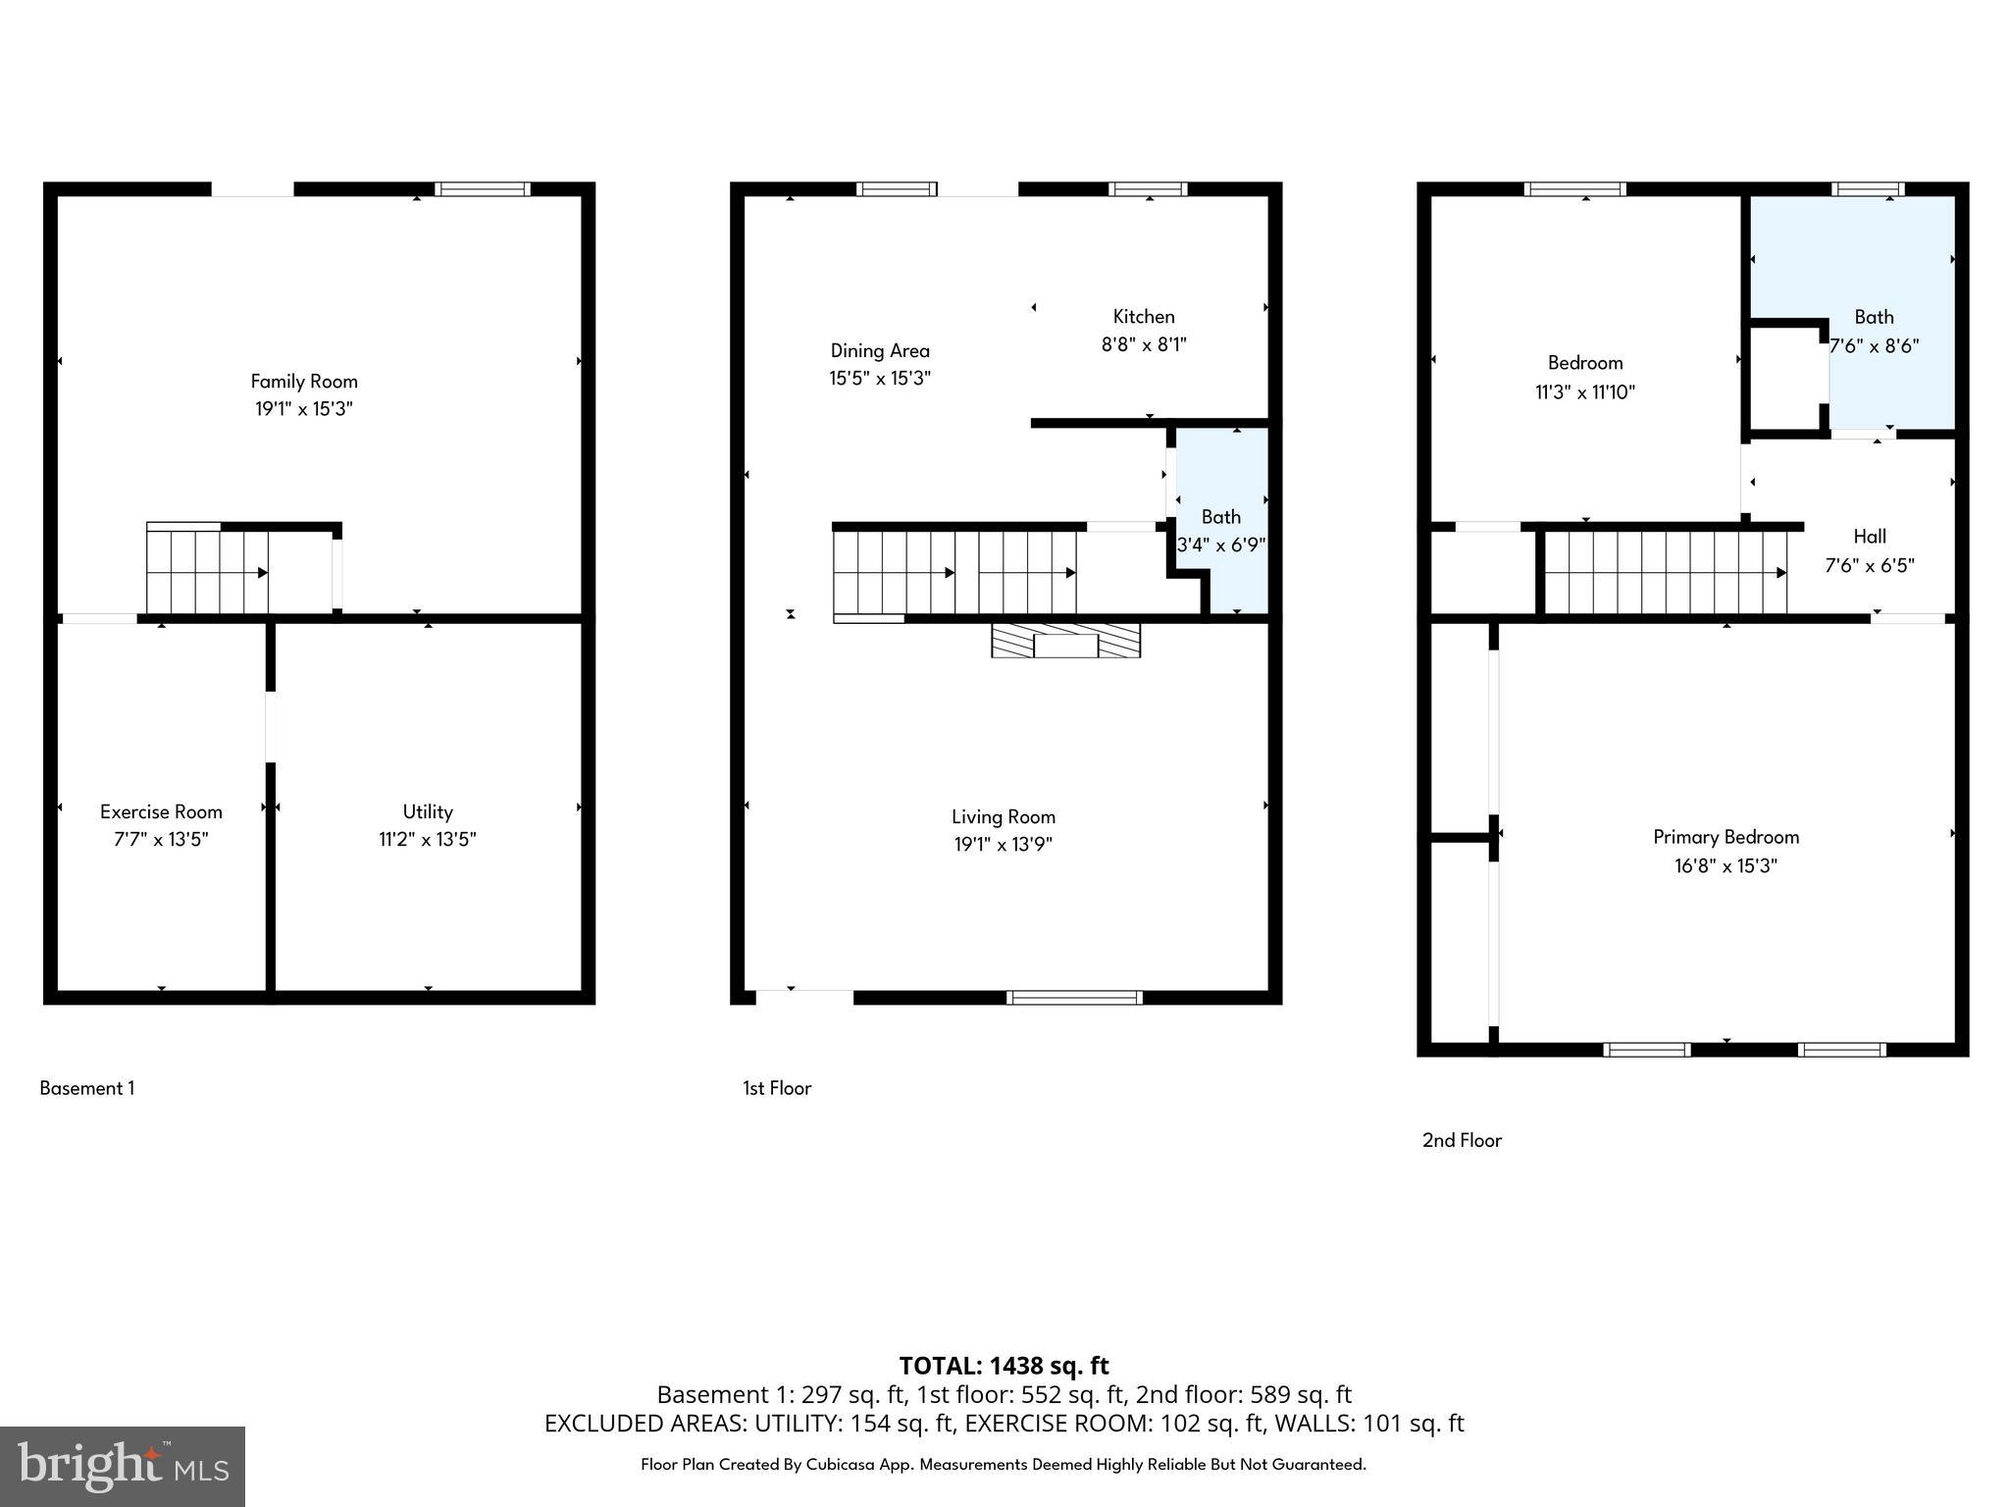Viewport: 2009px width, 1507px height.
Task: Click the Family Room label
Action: point(304,382)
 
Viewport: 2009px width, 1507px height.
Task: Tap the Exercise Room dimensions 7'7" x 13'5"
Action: point(161,840)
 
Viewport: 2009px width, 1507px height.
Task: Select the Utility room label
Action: point(428,811)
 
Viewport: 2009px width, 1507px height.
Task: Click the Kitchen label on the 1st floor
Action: point(1144,317)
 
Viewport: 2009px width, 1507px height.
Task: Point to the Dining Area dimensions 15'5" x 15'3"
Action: point(880,379)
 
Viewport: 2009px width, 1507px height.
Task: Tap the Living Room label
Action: point(1003,816)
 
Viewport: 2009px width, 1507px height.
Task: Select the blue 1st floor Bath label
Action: point(1221,517)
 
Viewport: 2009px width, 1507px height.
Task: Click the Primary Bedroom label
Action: point(1726,837)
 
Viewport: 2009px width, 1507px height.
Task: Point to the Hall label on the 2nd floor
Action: point(1870,537)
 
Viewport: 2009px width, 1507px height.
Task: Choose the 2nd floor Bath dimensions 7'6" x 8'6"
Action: point(1875,346)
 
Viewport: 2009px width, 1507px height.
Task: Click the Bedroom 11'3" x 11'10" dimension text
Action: point(1585,392)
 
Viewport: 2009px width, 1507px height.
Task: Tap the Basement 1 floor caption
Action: point(87,1088)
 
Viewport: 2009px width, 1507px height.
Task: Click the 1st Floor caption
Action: point(777,1088)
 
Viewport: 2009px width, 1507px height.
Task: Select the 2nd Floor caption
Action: point(1462,1140)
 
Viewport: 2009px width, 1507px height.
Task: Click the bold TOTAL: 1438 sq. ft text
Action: point(1004,1366)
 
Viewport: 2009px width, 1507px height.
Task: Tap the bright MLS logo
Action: point(123,1467)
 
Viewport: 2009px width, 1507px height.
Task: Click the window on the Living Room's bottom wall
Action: point(1074,998)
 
